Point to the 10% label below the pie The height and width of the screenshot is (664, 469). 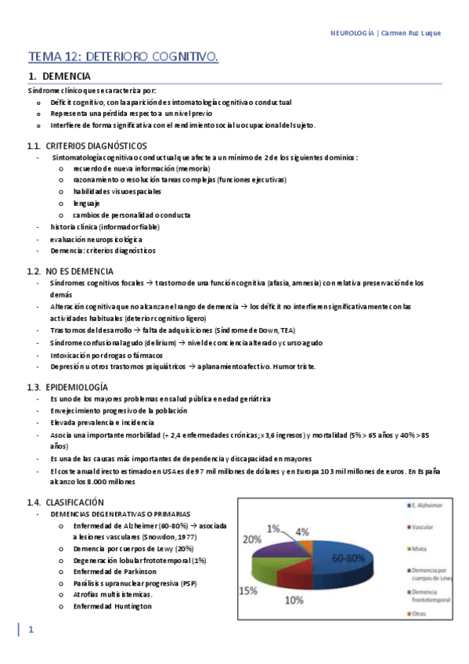[x=294, y=601]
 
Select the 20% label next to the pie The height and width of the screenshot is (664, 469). [x=251, y=539]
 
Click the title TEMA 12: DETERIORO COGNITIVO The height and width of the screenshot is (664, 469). [x=123, y=56]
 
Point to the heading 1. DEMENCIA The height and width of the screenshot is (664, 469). [x=60, y=77]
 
